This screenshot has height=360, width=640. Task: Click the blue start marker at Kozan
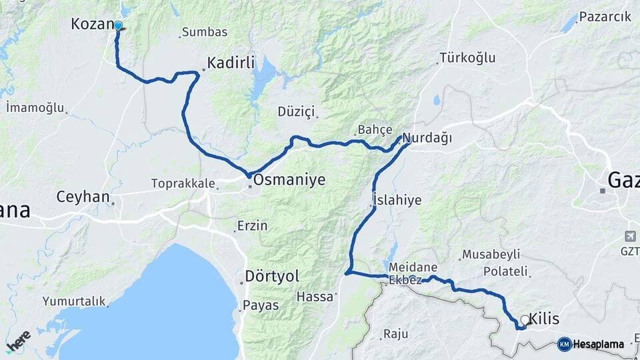(118, 26)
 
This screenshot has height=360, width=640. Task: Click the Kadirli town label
(231, 63)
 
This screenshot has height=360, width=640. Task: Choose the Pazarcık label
(605, 17)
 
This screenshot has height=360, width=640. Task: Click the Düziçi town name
(295, 111)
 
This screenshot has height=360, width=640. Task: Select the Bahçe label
(375, 129)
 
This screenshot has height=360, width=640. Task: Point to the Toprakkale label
(182, 183)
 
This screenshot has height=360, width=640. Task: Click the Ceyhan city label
(83, 197)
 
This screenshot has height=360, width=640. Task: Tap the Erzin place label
(253, 226)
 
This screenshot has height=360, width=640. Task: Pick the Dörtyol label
(272, 276)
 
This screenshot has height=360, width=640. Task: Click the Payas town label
(261, 305)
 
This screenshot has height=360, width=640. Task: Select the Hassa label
(314, 297)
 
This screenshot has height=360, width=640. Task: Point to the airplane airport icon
(631, 236)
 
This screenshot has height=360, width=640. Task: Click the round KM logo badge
(564, 344)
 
